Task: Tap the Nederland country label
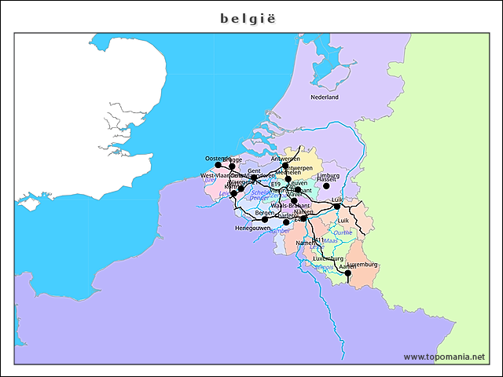pos(324,97)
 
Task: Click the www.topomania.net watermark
pos(444,357)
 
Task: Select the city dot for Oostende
pos(218,165)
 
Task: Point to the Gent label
pos(254,170)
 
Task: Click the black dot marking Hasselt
pos(326,186)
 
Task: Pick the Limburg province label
pos(329,175)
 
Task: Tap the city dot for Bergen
pos(265,220)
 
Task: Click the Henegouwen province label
pos(251,228)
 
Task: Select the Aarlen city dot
pos(347,273)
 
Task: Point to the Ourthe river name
pos(343,232)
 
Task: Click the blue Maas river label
pos(330,240)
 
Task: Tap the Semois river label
pos(325,267)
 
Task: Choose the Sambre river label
pos(279,231)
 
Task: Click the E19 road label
pos(275,184)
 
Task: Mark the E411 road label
pos(318,240)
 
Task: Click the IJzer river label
pos(211,180)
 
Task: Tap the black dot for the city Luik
pos(337,207)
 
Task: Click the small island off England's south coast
pos(31,206)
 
